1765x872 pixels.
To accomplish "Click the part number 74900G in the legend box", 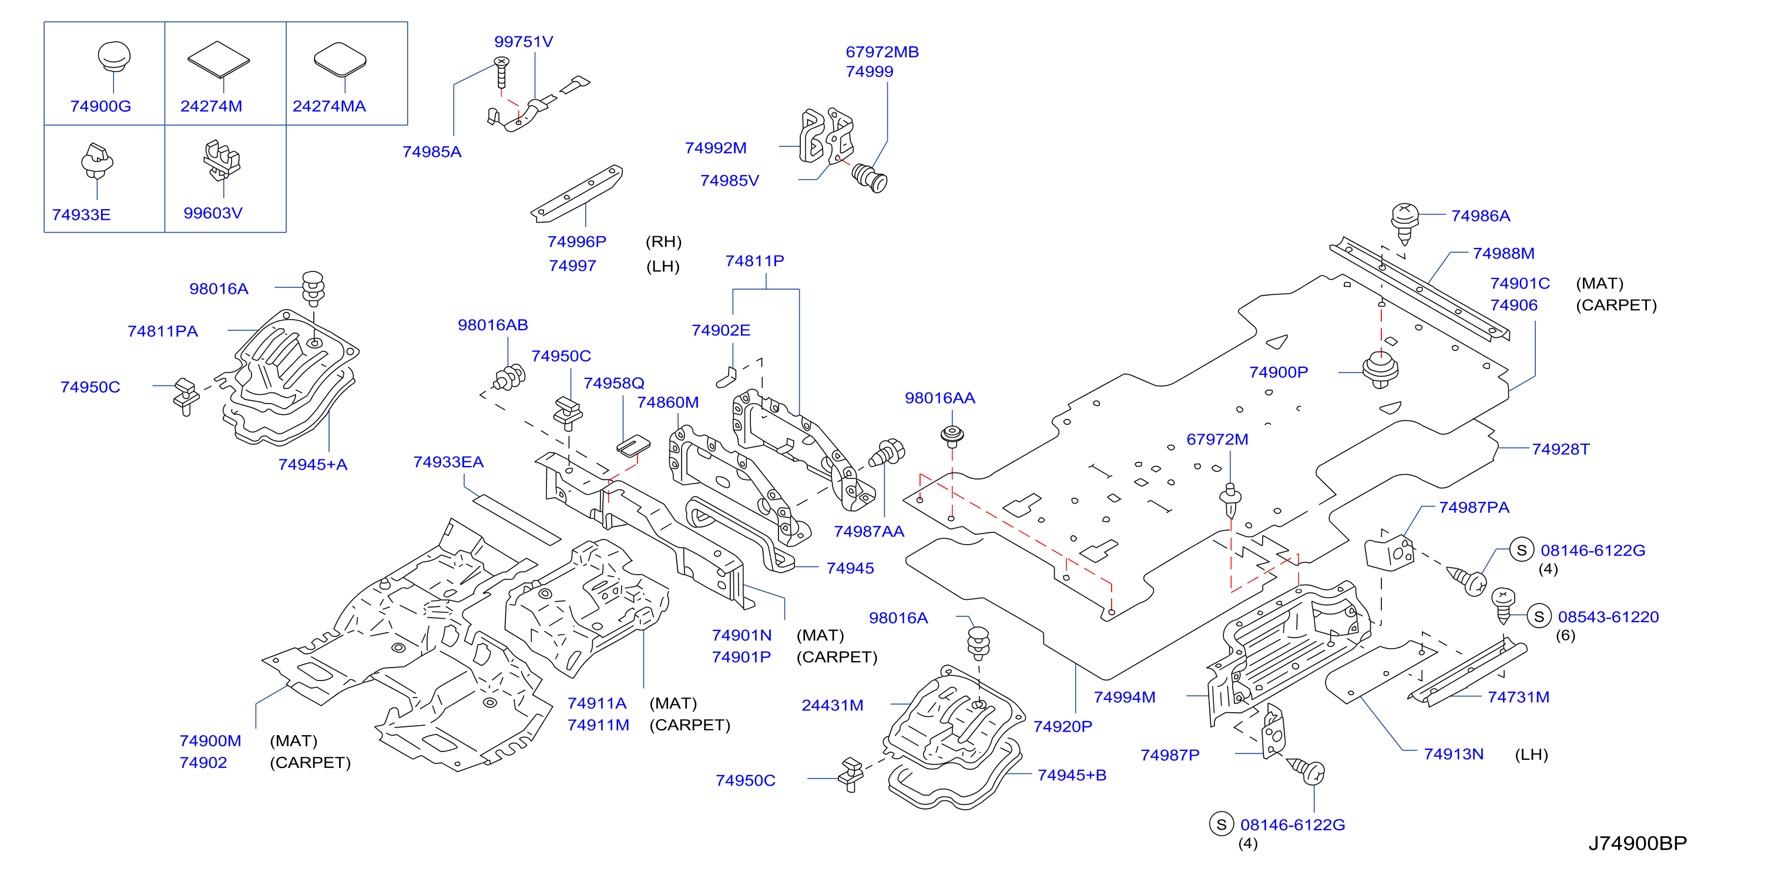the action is click(x=100, y=106).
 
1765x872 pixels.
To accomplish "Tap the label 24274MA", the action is click(x=329, y=106).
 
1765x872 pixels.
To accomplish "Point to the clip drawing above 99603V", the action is click(x=222, y=160).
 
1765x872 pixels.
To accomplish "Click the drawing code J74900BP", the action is click(x=1638, y=843).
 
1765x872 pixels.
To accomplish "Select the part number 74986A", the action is click(x=1481, y=216).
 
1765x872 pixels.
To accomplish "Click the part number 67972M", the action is click(x=1217, y=439).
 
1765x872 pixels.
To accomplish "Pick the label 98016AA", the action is click(x=939, y=398).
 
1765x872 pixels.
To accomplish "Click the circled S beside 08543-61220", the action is click(x=1539, y=616).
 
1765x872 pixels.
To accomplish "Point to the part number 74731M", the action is click(x=1518, y=697).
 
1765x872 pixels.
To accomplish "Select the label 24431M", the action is click(x=833, y=705).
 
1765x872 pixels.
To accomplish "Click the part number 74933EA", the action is click(x=448, y=462).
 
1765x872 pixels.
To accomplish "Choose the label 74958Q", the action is click(x=614, y=383).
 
